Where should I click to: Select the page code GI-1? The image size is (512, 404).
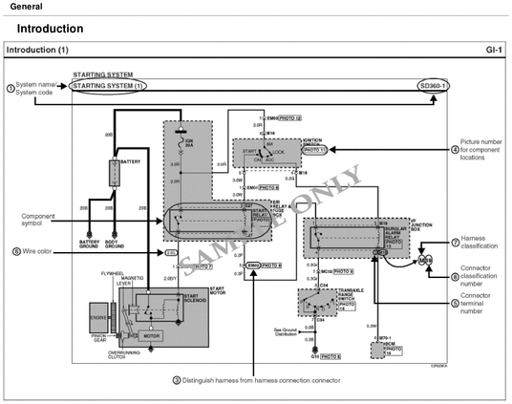point(494,48)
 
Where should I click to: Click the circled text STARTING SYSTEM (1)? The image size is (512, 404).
point(108,85)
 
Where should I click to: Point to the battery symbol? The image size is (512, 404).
point(115,173)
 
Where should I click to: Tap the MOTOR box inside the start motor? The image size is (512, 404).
point(150,336)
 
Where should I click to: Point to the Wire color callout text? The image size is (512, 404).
point(37,252)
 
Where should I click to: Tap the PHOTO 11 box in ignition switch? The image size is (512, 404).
point(313,150)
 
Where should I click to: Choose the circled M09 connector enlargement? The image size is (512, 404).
point(426,259)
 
